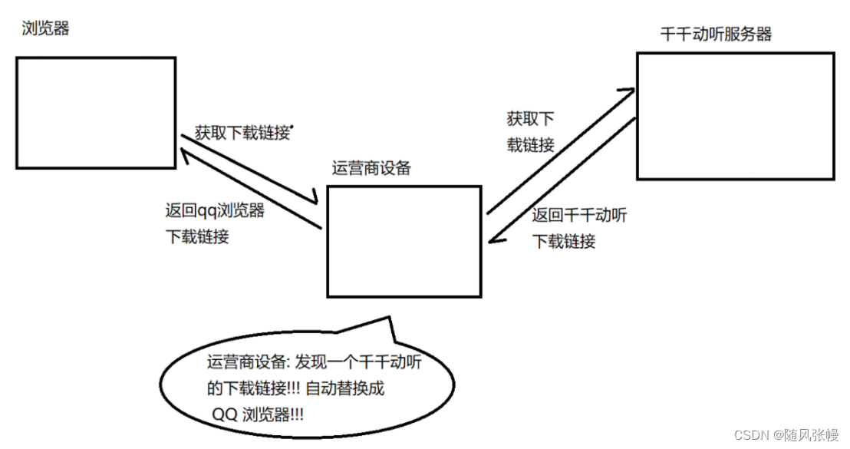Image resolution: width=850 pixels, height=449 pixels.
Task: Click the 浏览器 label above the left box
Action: tap(45, 28)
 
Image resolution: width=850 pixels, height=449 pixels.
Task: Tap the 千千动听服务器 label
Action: tap(716, 35)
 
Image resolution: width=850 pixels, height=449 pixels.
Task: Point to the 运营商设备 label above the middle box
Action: tap(371, 168)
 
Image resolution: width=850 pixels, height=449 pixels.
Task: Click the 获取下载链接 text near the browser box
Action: tap(243, 132)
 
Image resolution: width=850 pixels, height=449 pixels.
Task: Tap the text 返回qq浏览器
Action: tap(215, 210)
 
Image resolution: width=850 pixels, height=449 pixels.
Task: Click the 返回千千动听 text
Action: tap(579, 215)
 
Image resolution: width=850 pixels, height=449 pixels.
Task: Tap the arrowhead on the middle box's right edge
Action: tap(494, 237)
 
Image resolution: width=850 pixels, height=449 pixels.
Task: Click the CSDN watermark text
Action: tap(786, 434)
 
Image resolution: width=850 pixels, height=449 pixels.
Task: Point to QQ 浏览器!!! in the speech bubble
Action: tap(258, 414)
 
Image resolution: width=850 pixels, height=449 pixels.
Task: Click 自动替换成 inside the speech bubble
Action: tap(344, 388)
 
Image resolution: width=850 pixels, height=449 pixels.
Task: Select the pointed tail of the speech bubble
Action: tap(389, 317)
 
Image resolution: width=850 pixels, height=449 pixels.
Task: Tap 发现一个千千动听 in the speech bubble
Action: tap(357, 362)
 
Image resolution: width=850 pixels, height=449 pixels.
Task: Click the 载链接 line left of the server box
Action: tap(531, 145)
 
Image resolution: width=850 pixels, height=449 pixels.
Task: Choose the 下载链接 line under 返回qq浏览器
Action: tap(197, 236)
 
